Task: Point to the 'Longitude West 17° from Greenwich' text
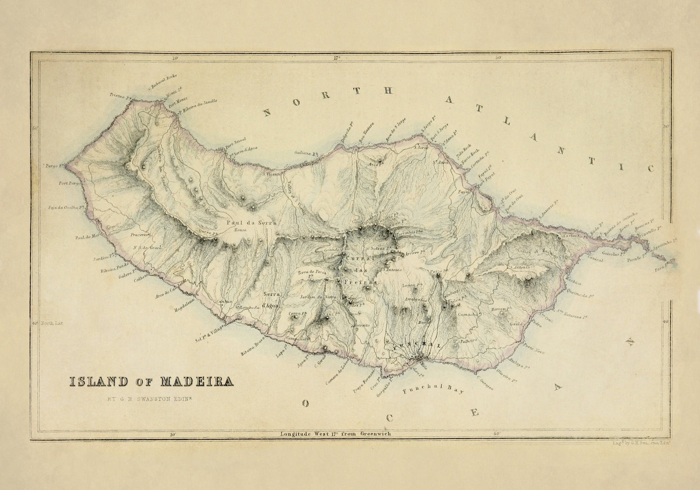336,434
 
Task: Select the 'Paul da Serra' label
251,223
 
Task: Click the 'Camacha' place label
467,314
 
